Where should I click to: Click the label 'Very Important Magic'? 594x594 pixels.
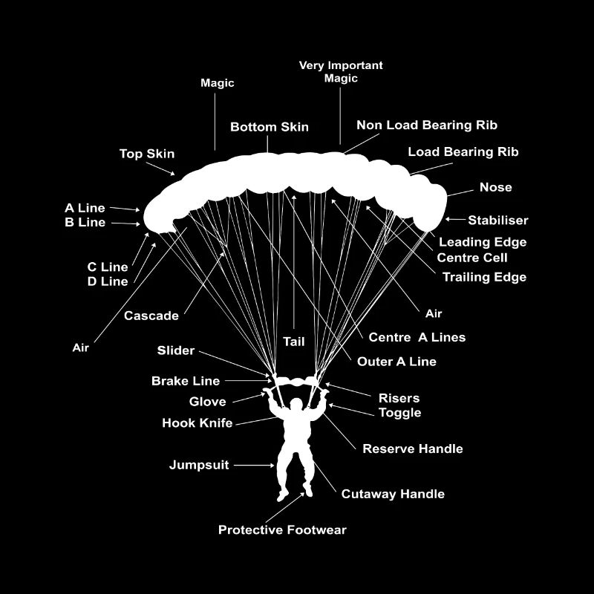click(x=341, y=72)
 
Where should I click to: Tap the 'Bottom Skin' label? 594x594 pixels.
click(x=269, y=127)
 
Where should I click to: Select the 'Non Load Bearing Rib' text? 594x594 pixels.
click(x=426, y=125)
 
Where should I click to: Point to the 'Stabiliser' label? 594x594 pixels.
click(x=497, y=221)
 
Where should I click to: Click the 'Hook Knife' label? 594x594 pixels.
click(x=197, y=423)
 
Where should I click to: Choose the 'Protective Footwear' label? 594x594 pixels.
click(x=282, y=530)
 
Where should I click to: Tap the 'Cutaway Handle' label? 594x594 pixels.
click(x=393, y=494)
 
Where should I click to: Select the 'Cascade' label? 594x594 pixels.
click(x=151, y=316)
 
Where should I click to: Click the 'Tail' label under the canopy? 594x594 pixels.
click(x=294, y=342)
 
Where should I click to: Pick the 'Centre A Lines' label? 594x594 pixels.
click(x=417, y=337)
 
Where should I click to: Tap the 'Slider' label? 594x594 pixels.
click(x=176, y=350)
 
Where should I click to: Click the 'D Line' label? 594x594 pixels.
click(x=108, y=281)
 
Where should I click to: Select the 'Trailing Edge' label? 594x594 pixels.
click(x=484, y=277)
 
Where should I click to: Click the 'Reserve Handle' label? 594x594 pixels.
click(x=412, y=448)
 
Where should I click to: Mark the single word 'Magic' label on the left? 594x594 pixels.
click(x=217, y=83)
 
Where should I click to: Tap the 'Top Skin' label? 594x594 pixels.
click(x=147, y=154)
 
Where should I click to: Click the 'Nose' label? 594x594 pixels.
click(x=495, y=187)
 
